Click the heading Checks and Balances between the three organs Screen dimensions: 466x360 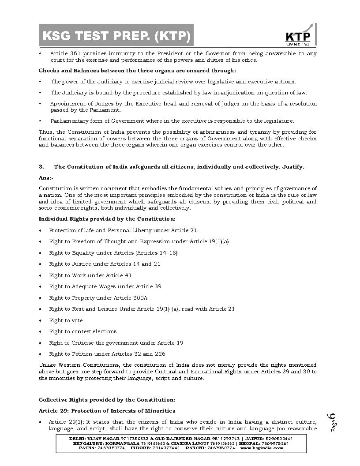coord(137,70)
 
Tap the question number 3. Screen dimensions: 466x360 coord(41,166)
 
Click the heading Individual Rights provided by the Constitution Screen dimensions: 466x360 coord(107,219)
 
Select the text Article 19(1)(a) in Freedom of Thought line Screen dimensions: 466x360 coord(209,241)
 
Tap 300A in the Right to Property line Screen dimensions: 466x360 coord(140,298)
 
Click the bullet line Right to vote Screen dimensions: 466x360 coord(66,320)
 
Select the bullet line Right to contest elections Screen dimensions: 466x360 coord(83,331)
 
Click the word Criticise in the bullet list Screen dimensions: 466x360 coord(81,343)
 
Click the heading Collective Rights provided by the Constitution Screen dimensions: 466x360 coord(107,400)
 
